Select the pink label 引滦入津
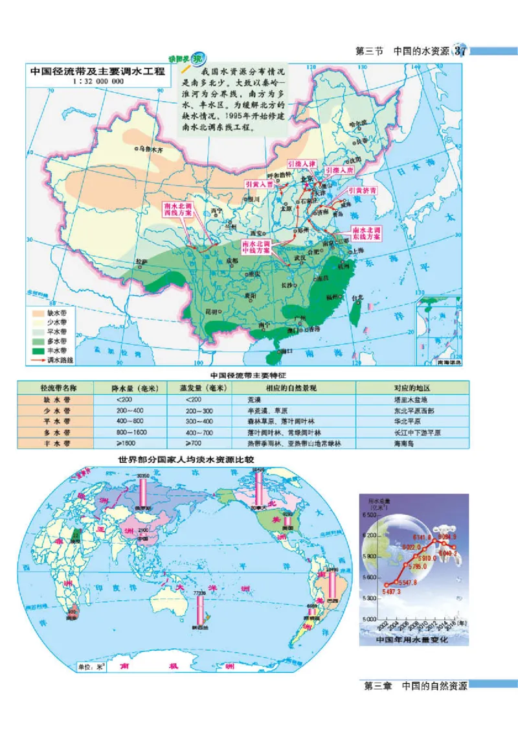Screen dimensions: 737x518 click(302, 165)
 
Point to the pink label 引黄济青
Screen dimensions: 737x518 click(362, 191)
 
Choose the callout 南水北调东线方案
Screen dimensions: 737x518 click(366, 233)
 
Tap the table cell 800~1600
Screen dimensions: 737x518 click(130, 432)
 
